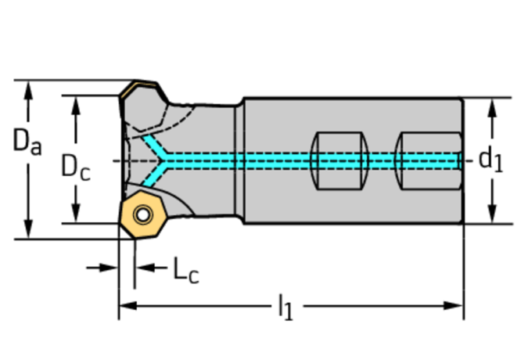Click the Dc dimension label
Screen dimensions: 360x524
(75, 167)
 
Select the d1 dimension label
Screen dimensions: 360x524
(490, 160)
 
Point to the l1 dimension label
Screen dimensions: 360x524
(285, 307)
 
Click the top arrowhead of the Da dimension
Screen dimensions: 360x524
(29, 88)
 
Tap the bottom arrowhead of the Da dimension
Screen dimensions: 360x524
(29, 230)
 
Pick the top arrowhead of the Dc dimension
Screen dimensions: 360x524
(76, 104)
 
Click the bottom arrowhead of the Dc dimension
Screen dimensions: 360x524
(76, 214)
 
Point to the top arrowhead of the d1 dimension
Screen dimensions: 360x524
(492, 106)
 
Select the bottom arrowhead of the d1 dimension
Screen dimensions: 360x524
(492, 214)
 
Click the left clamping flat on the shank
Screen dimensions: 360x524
(339, 160)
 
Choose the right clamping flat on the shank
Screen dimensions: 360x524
(425, 160)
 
